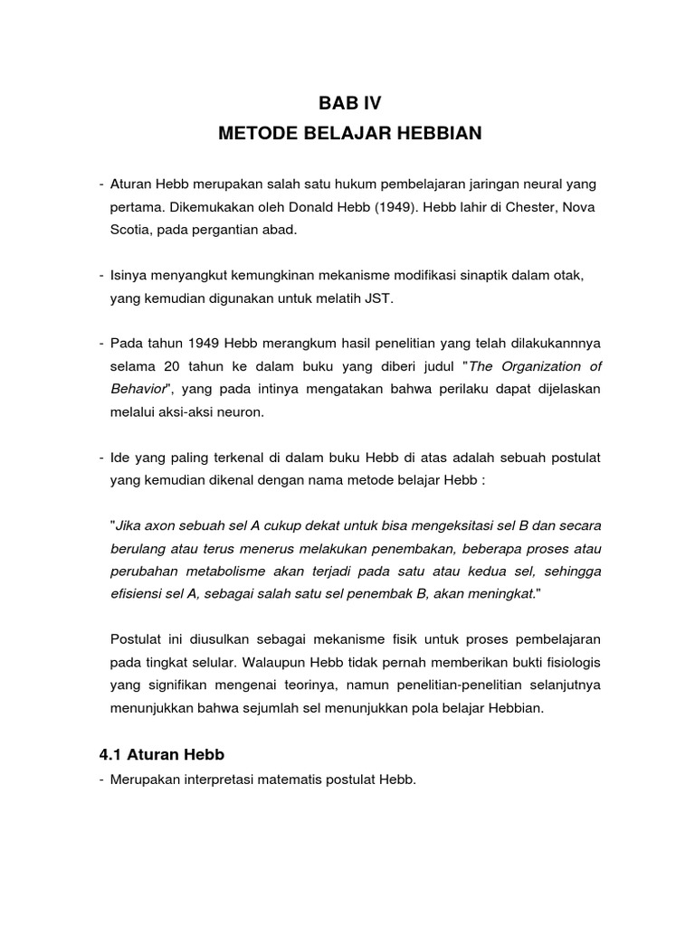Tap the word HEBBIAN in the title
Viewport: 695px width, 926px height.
[x=440, y=135]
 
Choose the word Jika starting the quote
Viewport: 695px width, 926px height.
[x=129, y=525]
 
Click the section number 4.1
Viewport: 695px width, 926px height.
[x=111, y=752]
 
